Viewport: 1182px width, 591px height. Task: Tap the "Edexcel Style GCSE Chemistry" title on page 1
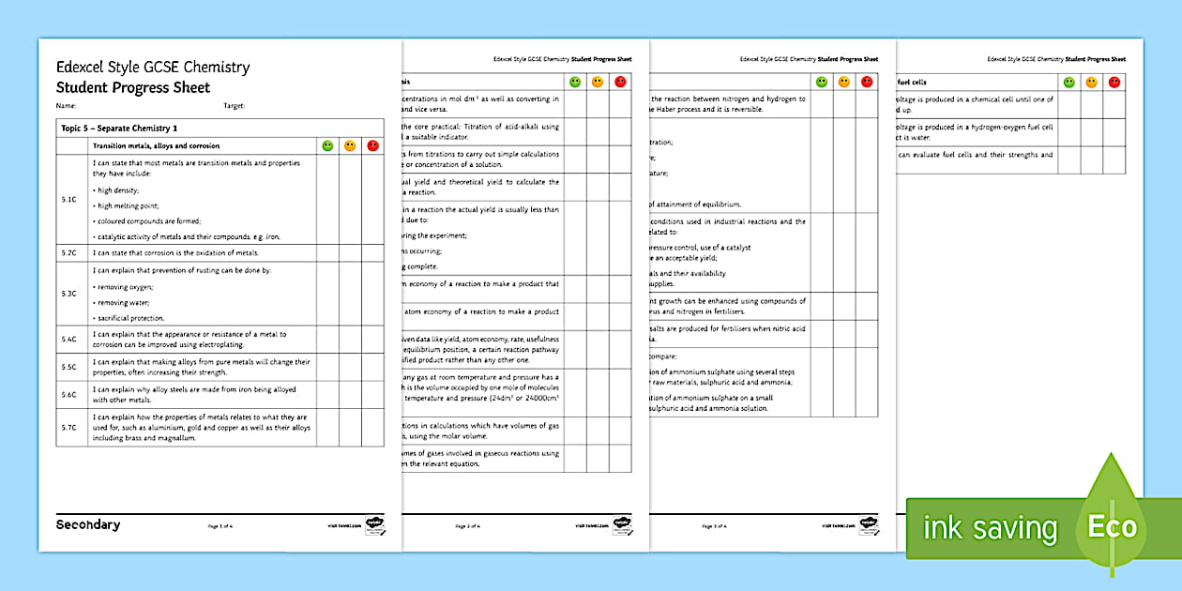153,68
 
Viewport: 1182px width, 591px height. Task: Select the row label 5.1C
68,199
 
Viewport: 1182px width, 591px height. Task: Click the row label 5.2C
68,252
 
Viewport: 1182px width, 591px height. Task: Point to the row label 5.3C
68,294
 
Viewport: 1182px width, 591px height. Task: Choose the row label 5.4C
68,339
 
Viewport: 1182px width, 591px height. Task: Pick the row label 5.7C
68,427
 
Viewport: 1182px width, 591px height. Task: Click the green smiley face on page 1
327,145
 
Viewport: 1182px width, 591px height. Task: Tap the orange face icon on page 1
350,145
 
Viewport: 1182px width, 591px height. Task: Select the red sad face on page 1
372,145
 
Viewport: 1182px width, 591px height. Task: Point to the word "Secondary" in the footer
88,524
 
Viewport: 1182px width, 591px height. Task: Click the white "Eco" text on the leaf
1112,527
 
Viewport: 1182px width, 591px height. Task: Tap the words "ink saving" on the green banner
990,528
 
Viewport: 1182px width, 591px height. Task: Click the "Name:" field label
66,106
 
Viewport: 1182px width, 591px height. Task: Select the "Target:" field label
235,106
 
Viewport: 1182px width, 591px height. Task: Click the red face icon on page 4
1114,83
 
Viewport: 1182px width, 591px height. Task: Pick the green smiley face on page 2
575,83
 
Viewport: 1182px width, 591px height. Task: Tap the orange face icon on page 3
843,83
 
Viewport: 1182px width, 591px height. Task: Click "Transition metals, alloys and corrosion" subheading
156,145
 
